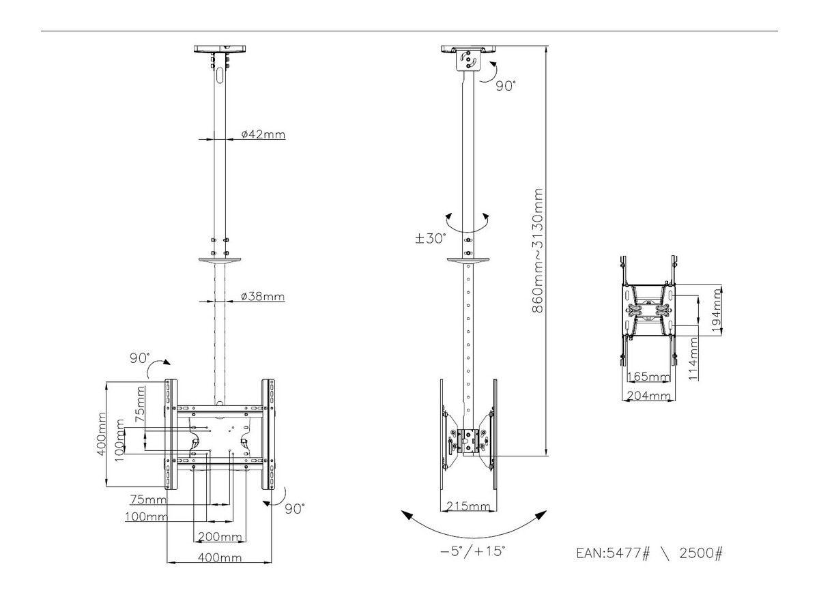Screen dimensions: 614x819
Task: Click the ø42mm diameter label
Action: (x=263, y=134)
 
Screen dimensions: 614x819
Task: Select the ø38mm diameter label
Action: (x=263, y=297)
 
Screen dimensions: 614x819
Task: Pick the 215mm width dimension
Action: (x=468, y=506)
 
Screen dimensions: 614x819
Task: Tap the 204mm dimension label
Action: (x=647, y=395)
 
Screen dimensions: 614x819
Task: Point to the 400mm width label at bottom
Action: (x=220, y=557)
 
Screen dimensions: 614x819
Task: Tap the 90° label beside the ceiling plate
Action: (x=505, y=86)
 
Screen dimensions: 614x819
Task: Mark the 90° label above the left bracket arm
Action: (x=140, y=358)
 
